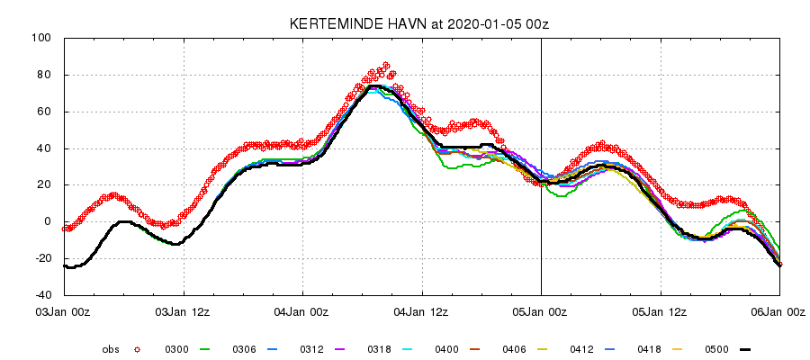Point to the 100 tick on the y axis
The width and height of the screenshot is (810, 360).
point(42,39)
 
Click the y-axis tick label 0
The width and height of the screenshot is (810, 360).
point(48,221)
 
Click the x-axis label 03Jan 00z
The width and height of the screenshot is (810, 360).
point(64,312)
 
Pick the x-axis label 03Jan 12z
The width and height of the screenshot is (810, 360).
point(184,312)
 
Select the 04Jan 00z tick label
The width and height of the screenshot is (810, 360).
point(302,312)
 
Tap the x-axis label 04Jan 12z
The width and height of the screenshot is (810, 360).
point(422,312)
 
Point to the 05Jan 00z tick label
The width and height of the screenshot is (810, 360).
point(541,312)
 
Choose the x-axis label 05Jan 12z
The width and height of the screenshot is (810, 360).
point(661,312)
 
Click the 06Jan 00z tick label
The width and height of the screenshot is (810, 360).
point(779,312)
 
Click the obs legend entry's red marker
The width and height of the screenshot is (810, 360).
point(138,349)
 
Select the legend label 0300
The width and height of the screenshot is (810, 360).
point(176,349)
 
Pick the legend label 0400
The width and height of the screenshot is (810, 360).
point(447,349)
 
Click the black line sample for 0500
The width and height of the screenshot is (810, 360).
point(744,349)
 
